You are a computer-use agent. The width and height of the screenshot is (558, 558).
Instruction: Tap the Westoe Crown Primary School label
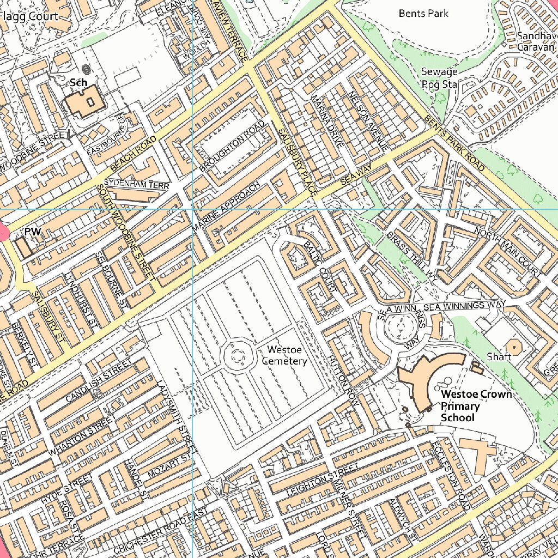click(476, 405)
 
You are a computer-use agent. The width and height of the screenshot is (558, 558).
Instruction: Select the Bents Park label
click(423, 13)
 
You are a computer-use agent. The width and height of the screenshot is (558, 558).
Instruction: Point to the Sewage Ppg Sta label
click(439, 78)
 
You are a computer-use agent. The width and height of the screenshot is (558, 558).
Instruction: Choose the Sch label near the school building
click(79, 82)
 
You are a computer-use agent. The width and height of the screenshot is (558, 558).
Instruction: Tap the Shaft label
click(499, 356)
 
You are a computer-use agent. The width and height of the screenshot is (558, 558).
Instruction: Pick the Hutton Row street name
click(342, 380)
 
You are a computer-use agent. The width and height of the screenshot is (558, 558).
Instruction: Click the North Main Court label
click(507, 251)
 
